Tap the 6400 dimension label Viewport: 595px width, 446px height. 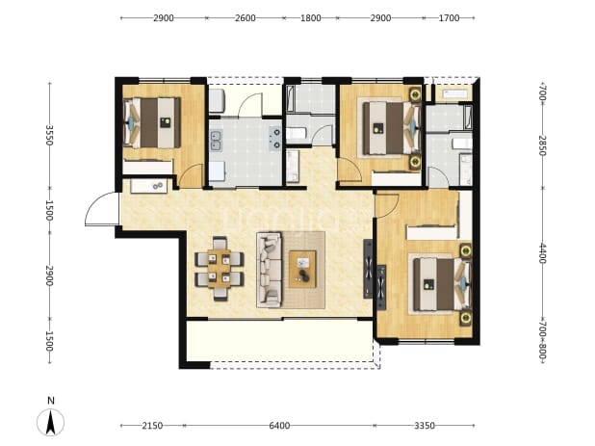279,426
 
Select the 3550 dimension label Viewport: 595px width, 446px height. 49,135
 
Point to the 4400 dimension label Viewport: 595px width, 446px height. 542,253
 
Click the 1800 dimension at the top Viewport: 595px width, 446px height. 311,18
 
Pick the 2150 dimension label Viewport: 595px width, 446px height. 152,426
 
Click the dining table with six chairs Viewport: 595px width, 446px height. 220,269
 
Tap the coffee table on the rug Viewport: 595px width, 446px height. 302,269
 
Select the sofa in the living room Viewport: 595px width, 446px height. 269,270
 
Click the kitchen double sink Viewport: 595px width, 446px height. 217,141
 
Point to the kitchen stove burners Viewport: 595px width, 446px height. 275,138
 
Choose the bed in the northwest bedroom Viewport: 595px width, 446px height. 152,122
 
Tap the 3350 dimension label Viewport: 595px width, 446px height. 425,426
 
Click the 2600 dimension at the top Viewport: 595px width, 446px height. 246,18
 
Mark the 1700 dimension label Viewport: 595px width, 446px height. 450,18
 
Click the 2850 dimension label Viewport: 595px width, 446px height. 542,145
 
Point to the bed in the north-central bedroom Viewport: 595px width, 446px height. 391,128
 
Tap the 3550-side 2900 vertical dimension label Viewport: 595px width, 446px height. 49,275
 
